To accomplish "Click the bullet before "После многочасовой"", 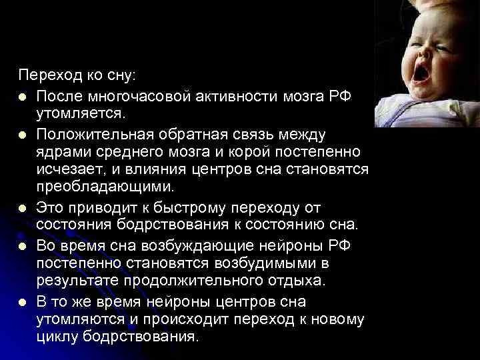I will [x=23, y=97].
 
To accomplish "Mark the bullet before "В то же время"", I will [x=23, y=303].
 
